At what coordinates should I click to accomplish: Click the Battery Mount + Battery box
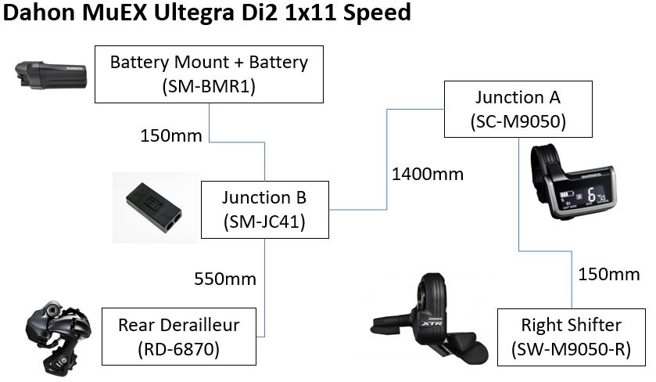(x=209, y=74)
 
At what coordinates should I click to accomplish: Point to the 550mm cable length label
(x=224, y=278)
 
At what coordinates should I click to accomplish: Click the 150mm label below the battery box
(x=170, y=135)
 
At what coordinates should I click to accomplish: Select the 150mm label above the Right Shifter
(x=608, y=274)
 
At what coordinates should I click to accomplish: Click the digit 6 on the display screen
(x=592, y=193)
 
